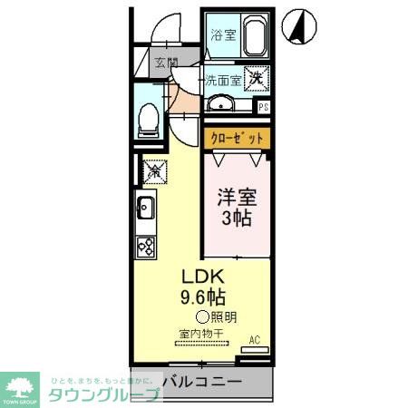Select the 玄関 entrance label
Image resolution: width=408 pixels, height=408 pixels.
tap(165, 63)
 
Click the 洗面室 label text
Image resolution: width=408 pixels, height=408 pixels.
tap(222, 79)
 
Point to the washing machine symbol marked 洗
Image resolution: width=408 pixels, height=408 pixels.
tap(257, 79)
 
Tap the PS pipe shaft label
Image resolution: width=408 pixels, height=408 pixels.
tap(263, 107)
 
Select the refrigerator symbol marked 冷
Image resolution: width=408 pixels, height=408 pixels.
tap(153, 169)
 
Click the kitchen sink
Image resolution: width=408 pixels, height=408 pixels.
tap(145, 210)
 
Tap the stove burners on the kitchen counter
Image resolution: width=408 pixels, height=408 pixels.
tap(145, 245)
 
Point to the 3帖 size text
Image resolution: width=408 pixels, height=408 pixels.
tap(236, 219)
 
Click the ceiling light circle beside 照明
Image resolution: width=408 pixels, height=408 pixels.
tap(201, 317)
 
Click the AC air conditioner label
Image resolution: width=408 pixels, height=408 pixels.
tap(254, 340)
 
